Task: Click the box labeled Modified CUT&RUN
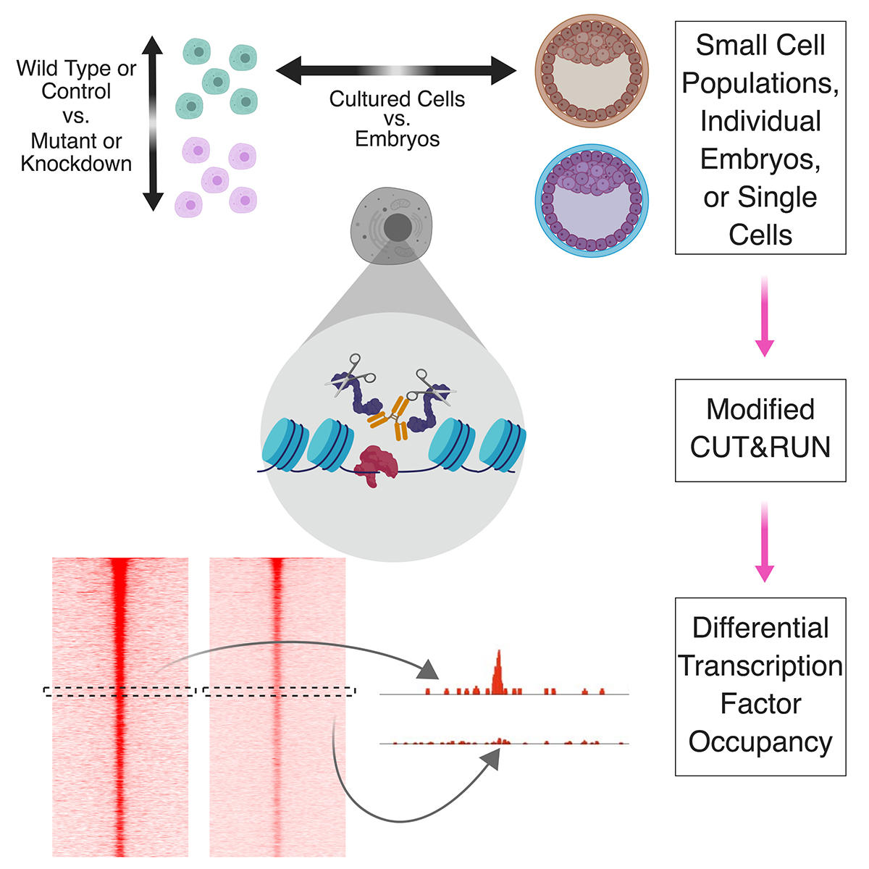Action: click(x=760, y=429)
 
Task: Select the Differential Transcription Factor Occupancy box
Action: click(x=760, y=686)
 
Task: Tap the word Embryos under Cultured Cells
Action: click(x=397, y=138)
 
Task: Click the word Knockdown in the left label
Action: click(x=76, y=164)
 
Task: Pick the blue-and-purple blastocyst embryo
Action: click(x=592, y=201)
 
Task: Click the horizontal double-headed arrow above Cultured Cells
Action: click(x=396, y=71)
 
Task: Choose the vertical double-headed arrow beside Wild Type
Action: click(x=153, y=123)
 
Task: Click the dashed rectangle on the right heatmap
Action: click(x=280, y=692)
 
